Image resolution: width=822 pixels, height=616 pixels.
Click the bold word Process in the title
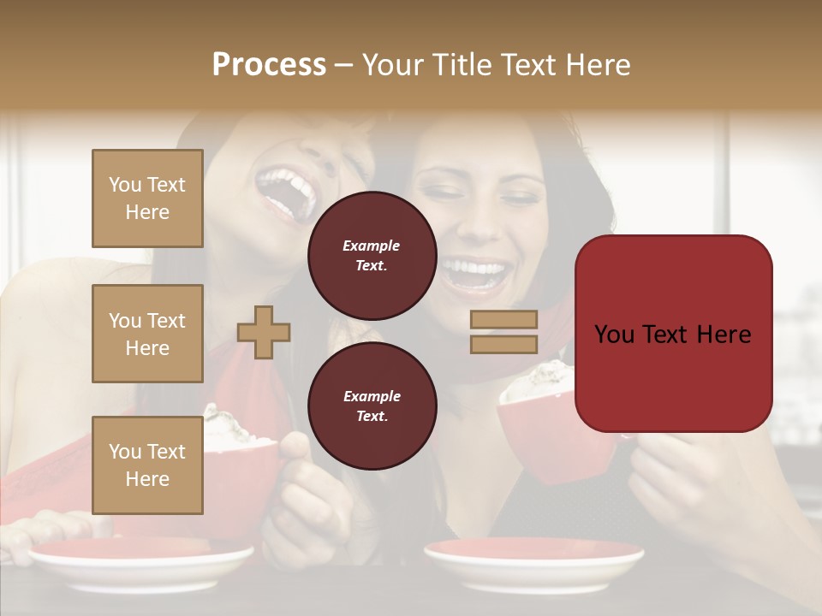point(269,65)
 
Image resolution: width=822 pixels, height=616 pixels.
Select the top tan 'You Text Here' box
point(147,198)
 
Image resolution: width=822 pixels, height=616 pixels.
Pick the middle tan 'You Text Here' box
point(147,334)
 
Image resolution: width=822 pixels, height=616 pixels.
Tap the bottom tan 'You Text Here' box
point(147,465)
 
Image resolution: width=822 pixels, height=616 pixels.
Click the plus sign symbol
point(264,332)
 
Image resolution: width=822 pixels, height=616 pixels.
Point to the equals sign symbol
point(503,332)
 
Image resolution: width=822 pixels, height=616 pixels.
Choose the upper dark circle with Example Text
point(372,256)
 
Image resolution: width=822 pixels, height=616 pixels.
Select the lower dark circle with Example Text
point(372,406)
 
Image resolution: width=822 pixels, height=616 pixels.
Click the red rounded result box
point(673,334)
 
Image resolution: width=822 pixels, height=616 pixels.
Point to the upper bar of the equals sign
point(503,319)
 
